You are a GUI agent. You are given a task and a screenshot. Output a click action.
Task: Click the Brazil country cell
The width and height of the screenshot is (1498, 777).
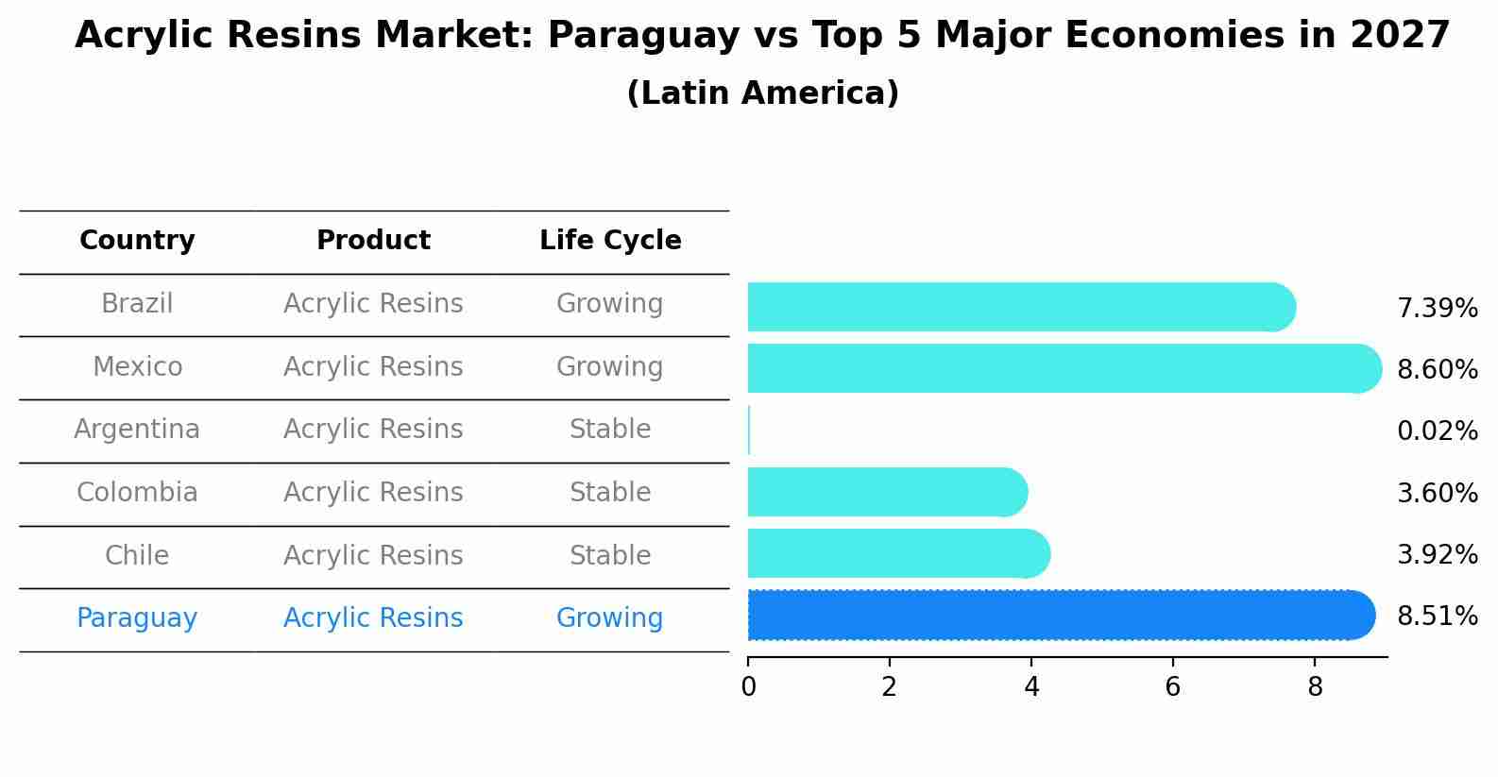(x=137, y=304)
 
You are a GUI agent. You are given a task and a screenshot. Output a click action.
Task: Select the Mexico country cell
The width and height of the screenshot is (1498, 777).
(x=137, y=367)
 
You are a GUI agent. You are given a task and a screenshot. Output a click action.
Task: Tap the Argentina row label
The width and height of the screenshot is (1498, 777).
(x=137, y=430)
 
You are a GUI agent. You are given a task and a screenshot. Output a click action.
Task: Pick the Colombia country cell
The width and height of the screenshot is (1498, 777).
(x=137, y=493)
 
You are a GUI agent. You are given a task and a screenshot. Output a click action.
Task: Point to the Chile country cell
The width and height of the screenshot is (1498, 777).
(x=137, y=556)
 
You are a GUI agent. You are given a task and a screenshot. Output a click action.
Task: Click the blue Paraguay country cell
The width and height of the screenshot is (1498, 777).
(x=137, y=618)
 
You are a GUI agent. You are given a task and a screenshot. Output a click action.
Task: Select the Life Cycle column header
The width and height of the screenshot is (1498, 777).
(x=610, y=241)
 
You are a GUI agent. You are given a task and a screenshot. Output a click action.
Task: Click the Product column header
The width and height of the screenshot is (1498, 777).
(x=373, y=241)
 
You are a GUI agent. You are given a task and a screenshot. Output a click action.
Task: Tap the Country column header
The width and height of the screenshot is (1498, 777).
(x=137, y=241)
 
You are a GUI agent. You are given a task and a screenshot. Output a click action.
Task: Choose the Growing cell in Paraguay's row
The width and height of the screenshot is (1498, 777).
(x=609, y=618)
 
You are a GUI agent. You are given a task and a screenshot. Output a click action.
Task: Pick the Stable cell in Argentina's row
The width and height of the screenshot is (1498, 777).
(x=610, y=430)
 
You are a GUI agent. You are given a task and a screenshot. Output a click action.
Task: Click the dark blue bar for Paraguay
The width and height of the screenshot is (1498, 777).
(x=1058, y=616)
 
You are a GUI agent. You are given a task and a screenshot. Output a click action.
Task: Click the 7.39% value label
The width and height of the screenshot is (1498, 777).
(x=1437, y=309)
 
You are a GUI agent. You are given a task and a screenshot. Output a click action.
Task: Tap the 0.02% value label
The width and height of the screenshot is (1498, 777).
(x=1437, y=431)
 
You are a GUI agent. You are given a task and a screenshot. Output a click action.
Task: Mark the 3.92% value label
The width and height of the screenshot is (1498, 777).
(x=1437, y=555)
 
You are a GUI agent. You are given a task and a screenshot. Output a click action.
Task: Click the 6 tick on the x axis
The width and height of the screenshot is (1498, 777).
(x=1172, y=687)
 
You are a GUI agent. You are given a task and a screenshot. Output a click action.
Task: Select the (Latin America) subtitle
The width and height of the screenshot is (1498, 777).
(x=762, y=93)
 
